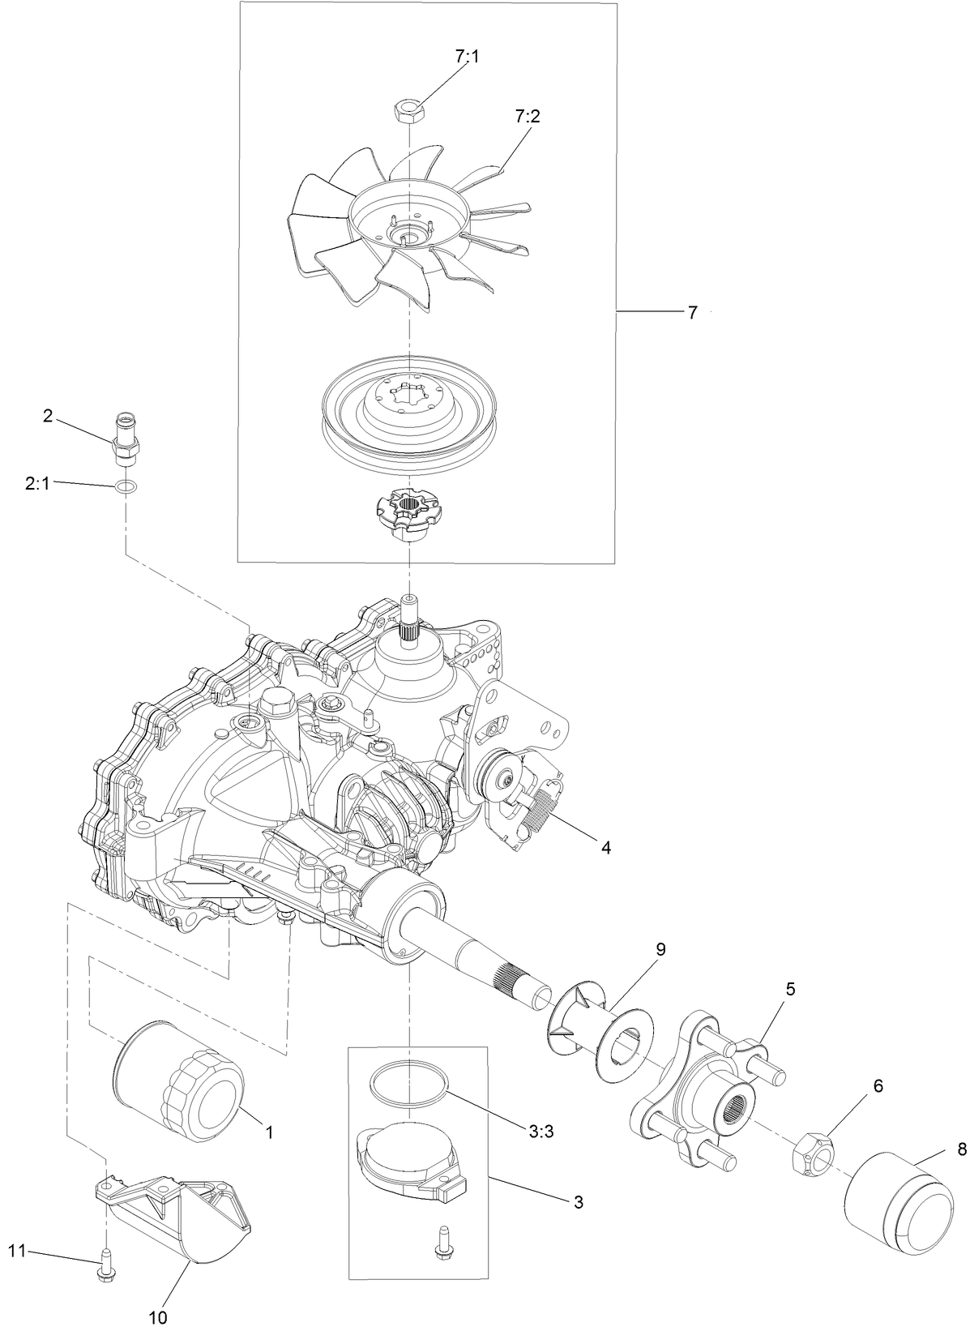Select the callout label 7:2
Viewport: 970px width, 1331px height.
[526, 117]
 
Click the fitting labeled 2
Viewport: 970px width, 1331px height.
[126, 435]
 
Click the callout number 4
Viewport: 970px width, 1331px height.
[605, 848]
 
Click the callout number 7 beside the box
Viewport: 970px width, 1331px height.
[692, 312]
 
